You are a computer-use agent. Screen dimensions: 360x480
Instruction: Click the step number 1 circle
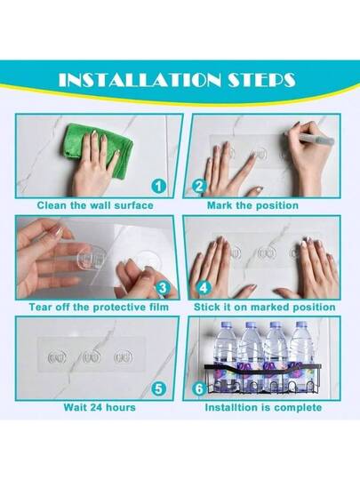click(x=158, y=186)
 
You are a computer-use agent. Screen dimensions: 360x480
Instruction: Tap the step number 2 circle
click(x=200, y=186)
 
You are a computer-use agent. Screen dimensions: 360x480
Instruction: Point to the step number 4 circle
click(x=204, y=288)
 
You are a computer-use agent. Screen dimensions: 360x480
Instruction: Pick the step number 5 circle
click(x=158, y=388)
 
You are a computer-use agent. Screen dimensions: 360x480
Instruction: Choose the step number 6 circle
click(x=200, y=388)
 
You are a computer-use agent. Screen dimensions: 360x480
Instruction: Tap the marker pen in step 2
click(x=309, y=138)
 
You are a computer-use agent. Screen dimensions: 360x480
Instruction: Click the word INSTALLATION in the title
click(x=140, y=80)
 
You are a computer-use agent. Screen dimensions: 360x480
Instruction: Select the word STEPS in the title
click(x=261, y=80)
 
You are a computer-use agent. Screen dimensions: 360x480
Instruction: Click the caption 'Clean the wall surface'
click(x=95, y=205)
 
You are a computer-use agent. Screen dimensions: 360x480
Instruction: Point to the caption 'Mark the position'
click(x=252, y=205)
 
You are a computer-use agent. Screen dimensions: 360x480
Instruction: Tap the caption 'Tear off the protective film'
click(x=99, y=307)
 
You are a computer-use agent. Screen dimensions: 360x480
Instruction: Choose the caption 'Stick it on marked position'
click(x=265, y=307)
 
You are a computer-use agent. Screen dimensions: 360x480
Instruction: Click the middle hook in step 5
click(x=92, y=357)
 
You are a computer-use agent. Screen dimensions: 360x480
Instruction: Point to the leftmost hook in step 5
click(x=57, y=357)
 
